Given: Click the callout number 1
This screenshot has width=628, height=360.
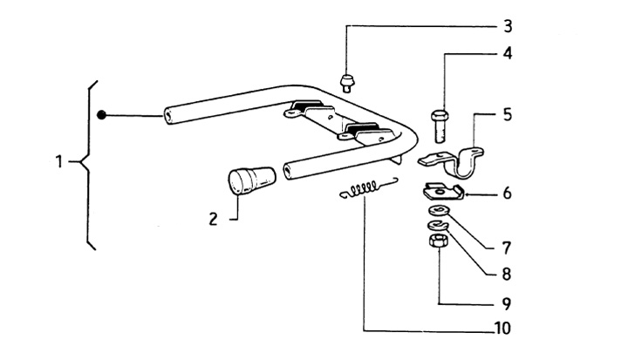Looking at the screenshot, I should (59, 161).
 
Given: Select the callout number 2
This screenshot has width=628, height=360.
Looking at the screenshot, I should (213, 219).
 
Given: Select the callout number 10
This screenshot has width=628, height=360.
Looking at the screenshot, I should (501, 329).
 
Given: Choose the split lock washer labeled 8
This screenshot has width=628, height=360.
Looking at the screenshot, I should (436, 227).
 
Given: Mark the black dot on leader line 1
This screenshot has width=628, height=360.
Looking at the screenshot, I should (102, 114).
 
